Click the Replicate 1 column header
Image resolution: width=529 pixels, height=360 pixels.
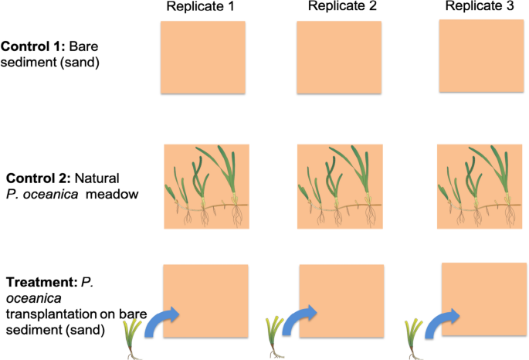click(200, 8)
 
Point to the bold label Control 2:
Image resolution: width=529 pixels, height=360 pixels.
click(34, 179)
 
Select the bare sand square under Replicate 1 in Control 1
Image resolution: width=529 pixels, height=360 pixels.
click(202, 56)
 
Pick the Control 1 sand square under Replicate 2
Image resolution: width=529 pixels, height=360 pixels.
click(339, 56)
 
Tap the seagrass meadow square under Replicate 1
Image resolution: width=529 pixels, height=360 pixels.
click(205, 186)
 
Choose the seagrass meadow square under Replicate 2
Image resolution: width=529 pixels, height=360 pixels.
click(341, 186)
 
